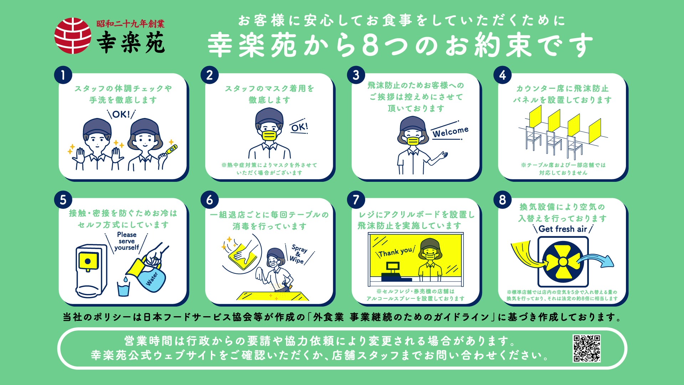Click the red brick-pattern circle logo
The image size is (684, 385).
coord(73,36)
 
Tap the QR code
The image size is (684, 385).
coord(586,348)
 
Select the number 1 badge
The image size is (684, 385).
coord(63,75)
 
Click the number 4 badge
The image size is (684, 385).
coord(502,75)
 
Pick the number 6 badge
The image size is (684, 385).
coord(209,200)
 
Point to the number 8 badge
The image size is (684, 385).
coord(502,200)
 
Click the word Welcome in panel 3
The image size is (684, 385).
coord(450,132)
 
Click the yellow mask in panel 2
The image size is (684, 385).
coord(269,136)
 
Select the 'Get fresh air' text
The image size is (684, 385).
coord(563,229)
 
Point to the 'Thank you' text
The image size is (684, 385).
coord(395,252)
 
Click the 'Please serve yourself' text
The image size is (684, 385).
coord(127,241)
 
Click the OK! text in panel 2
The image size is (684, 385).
coord(299,127)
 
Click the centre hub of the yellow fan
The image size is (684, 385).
coord(563,262)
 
